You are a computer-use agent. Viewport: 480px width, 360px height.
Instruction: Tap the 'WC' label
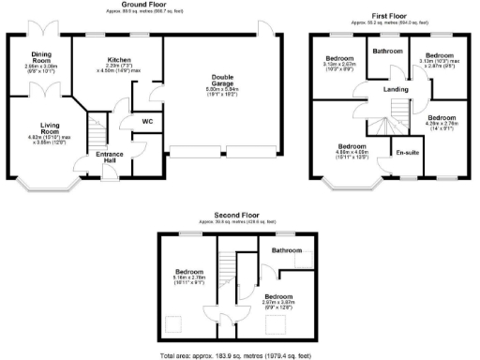(x=147, y=121)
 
